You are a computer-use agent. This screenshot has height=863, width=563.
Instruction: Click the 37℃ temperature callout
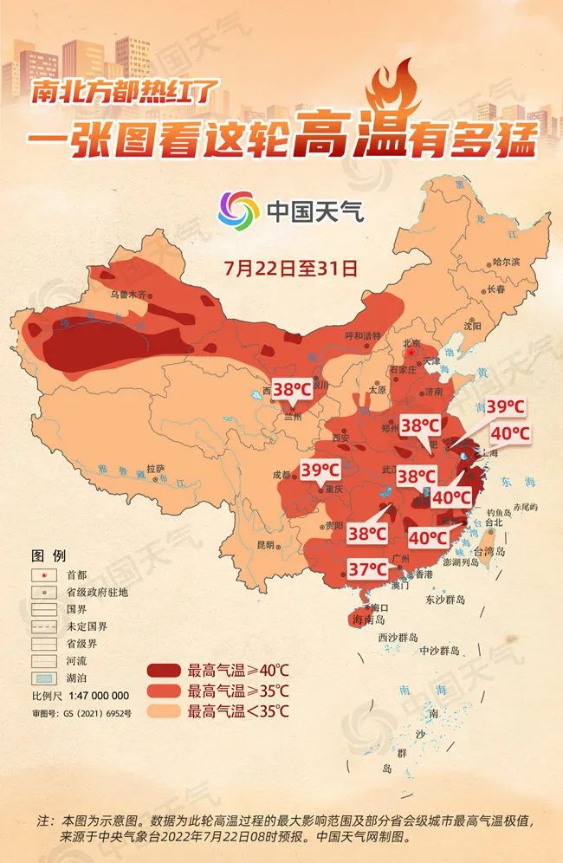click(x=367, y=569)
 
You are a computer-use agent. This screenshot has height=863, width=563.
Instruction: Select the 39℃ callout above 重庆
click(x=320, y=470)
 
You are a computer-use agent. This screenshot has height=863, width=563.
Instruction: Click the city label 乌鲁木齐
click(x=129, y=294)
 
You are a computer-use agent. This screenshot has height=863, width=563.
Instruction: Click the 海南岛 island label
click(x=369, y=620)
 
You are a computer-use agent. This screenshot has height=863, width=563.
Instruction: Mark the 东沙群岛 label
click(x=447, y=599)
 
